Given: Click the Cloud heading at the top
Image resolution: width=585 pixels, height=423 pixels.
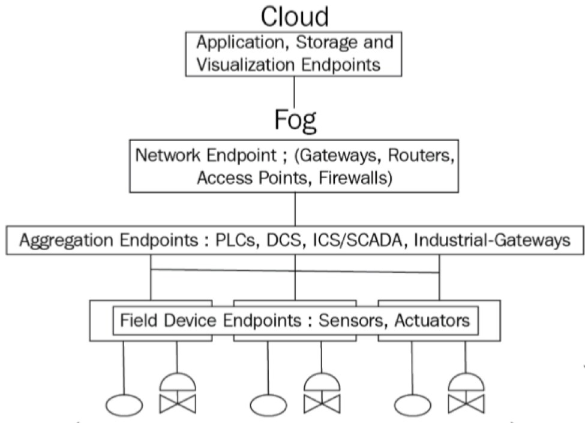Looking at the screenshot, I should [x=294, y=16].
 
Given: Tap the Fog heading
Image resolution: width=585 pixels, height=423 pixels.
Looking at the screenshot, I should [x=295, y=119].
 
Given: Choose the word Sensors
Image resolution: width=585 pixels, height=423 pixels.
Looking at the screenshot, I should [x=353, y=320].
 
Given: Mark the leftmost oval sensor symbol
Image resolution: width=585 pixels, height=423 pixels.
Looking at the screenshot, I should [x=124, y=404].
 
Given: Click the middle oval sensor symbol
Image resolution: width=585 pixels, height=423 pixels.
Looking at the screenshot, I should [x=268, y=404].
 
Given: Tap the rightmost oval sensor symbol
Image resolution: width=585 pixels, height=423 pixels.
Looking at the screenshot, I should [x=413, y=404].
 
